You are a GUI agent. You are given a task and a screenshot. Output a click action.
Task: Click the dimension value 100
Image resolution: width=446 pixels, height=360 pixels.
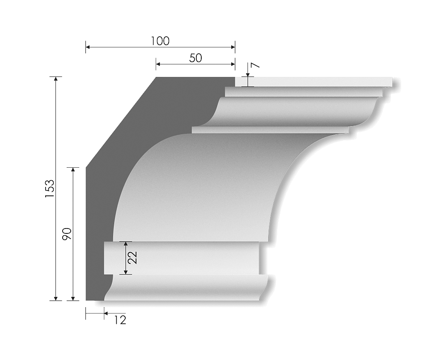click(160, 41)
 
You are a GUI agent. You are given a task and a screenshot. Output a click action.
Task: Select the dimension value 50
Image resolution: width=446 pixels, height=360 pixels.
click(195, 58)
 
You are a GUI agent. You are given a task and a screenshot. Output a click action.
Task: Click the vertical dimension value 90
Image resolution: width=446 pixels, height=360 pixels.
click(67, 234)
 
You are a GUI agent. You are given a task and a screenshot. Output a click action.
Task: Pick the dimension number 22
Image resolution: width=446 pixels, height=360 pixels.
click(132, 258)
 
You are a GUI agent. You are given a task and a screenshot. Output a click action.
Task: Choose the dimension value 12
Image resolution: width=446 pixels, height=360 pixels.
click(120, 320)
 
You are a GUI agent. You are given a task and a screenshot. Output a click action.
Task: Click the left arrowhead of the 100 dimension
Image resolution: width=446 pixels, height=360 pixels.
click(88, 47)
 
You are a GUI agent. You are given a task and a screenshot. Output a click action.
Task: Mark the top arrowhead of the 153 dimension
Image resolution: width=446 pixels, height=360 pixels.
click(56, 79)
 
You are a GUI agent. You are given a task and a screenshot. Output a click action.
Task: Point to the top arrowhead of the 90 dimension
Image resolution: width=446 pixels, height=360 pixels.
click(73, 170)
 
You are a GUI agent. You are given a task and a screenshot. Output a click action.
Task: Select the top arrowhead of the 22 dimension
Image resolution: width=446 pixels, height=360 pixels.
click(126, 244)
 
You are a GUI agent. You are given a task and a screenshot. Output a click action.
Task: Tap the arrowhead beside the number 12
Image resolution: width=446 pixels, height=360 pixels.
click(106, 313)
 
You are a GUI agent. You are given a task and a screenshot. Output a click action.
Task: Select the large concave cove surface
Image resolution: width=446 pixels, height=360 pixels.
click(201, 188)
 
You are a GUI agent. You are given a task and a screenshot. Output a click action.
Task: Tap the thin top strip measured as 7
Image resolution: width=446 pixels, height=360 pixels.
click(313, 82)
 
